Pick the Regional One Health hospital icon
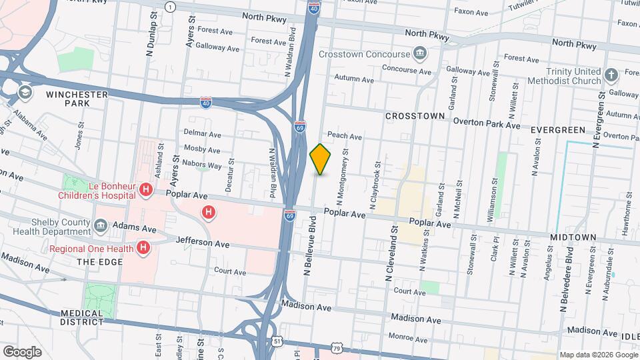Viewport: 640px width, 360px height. (143, 248)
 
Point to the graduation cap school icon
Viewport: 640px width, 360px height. (25, 91)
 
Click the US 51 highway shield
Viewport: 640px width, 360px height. (277, 341)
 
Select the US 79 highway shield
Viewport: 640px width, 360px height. (338, 348)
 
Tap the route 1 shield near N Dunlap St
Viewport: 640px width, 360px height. (171, 7)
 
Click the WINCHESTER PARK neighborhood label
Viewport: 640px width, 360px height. (77, 99)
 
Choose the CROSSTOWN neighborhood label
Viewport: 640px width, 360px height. (415, 115)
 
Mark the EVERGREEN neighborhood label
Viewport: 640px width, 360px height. (558, 129)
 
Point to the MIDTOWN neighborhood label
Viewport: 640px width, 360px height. (573, 237)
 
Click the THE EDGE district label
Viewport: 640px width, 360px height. (99, 262)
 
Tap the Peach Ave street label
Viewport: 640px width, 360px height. (344, 136)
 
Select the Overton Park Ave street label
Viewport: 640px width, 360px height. (487, 123)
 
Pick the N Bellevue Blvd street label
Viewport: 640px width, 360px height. (309, 245)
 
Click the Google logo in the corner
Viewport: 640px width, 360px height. (21, 351)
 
